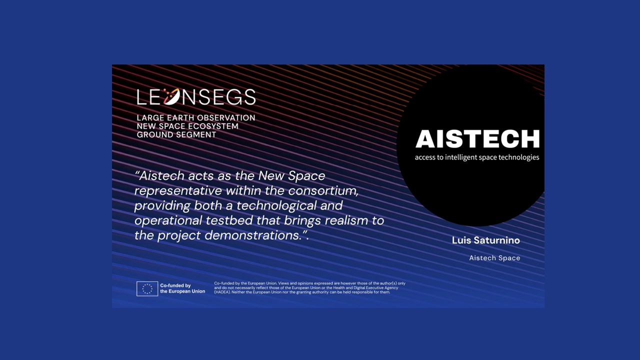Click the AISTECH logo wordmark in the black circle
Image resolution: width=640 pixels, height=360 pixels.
pyautogui.click(x=477, y=139)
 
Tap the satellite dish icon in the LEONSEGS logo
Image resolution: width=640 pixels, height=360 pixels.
pyautogui.click(x=171, y=96)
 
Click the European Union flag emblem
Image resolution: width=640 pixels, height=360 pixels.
pyautogui.click(x=147, y=288)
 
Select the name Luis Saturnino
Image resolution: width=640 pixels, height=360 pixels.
pyautogui.click(x=485, y=240)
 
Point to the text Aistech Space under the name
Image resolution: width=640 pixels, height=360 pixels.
pyautogui.click(x=494, y=258)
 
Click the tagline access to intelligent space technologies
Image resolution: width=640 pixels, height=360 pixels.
pyautogui.click(x=477, y=157)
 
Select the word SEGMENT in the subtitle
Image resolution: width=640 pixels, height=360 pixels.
pyautogui.click(x=195, y=135)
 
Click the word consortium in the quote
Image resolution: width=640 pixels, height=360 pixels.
pyautogui.click(x=323, y=190)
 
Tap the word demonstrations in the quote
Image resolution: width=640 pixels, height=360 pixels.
pyautogui.click(x=253, y=235)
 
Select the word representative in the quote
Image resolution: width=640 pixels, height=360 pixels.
pyautogui.click(x=178, y=191)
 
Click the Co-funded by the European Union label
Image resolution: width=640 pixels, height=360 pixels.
pyautogui.click(x=182, y=288)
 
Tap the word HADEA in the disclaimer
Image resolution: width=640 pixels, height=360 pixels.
pyautogui.click(x=222, y=292)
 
